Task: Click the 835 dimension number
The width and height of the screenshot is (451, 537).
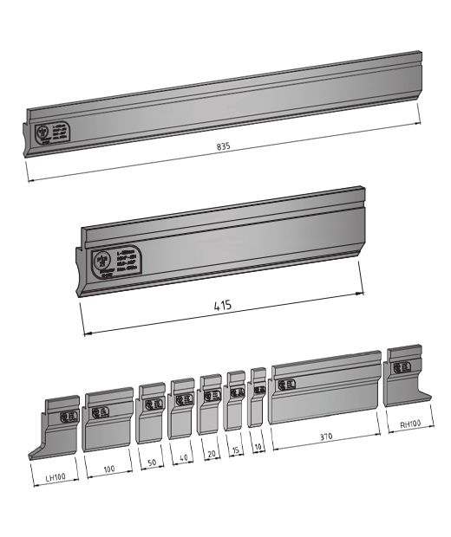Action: tap(224, 148)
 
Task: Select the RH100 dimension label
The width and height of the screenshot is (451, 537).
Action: tap(411, 425)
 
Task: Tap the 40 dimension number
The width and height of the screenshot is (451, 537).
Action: tap(182, 458)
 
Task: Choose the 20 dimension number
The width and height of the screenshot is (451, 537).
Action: tap(210, 453)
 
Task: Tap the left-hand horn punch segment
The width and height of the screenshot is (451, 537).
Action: tap(60, 428)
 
